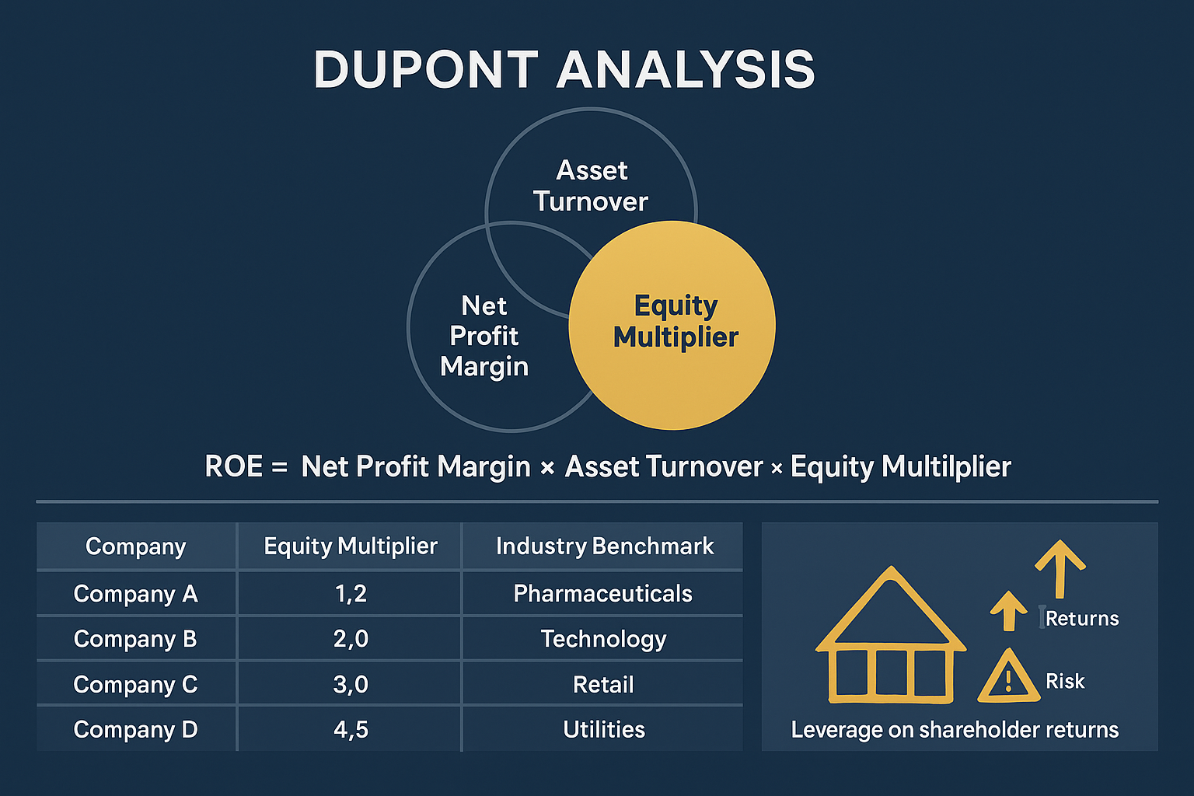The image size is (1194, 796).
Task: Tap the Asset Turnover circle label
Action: click(591, 186)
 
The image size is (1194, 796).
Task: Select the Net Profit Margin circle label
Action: click(484, 336)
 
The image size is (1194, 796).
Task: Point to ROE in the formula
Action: click(233, 466)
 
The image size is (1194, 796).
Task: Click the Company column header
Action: click(136, 546)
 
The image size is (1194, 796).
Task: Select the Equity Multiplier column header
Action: click(351, 546)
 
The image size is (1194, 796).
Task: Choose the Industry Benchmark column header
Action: click(604, 546)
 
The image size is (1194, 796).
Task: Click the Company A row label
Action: click(136, 594)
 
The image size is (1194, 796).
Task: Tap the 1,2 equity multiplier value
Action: click(351, 594)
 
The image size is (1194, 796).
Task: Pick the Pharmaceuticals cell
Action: click(602, 594)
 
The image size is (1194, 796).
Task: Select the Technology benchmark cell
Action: click(603, 639)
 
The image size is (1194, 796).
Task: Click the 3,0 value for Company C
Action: click(351, 685)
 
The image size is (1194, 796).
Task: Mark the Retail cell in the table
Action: click(603, 685)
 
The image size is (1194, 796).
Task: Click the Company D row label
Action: click(136, 730)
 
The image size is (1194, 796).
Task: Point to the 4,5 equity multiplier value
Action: click(351, 730)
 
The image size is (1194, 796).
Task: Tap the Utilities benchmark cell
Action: click(604, 730)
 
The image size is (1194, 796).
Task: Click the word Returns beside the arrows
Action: click(1082, 619)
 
